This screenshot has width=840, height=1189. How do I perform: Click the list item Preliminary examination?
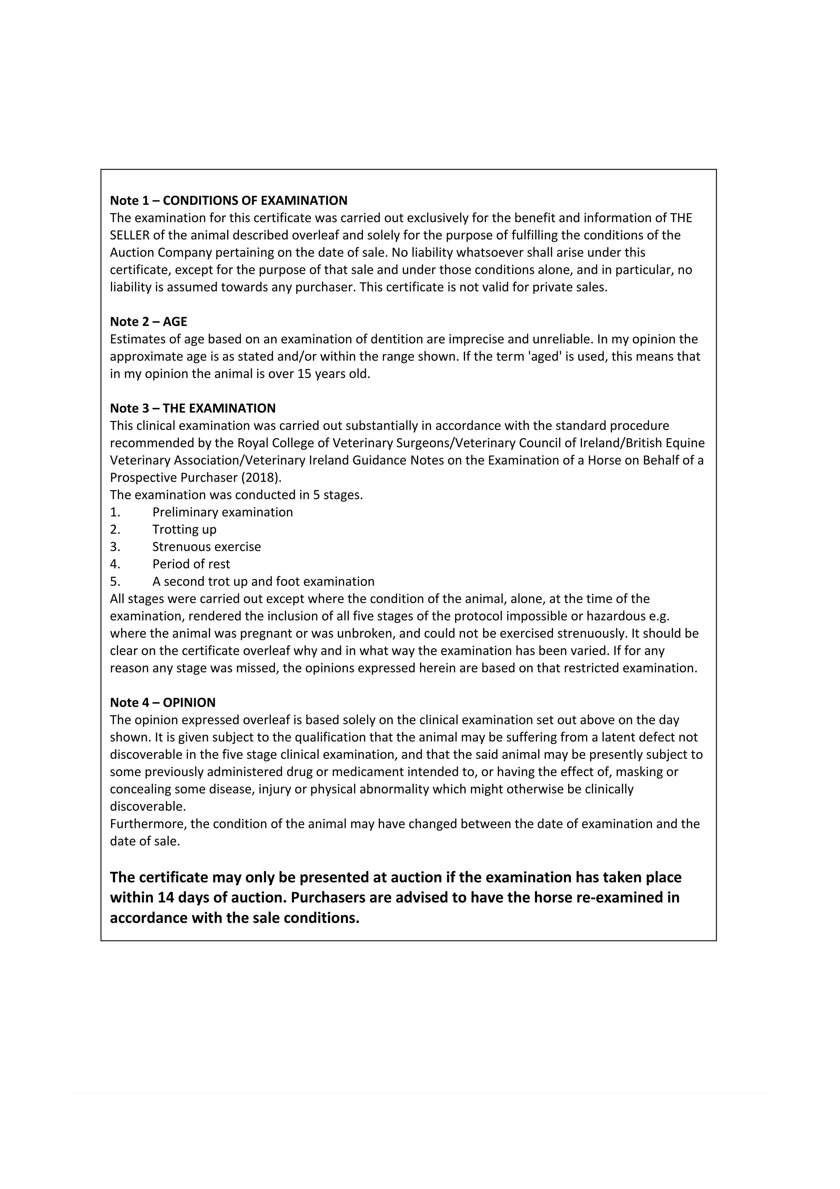[223, 512]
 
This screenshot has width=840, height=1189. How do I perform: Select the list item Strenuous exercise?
[206, 547]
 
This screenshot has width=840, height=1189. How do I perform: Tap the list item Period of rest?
[191, 564]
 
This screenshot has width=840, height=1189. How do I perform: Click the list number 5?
[115, 582]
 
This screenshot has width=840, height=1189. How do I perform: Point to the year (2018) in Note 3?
[260, 478]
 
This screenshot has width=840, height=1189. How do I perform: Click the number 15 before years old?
[304, 374]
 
